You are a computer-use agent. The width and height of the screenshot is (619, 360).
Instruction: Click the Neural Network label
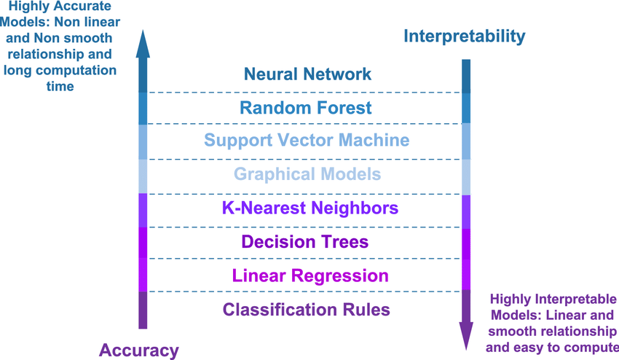307,74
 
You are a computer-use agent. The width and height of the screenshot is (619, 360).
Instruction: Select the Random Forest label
306,108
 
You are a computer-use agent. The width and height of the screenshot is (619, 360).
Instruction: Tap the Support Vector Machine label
307,140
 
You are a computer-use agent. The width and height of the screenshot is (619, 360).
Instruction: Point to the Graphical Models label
307,175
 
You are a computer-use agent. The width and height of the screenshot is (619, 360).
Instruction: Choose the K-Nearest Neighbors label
310,208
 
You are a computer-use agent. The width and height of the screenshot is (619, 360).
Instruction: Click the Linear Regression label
310,275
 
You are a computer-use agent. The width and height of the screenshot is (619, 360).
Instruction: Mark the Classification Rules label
307,310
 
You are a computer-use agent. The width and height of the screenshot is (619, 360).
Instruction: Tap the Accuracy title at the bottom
138,351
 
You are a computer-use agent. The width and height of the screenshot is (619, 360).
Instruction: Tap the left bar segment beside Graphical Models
143,176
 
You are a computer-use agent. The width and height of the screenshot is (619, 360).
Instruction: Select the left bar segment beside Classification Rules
143,310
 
